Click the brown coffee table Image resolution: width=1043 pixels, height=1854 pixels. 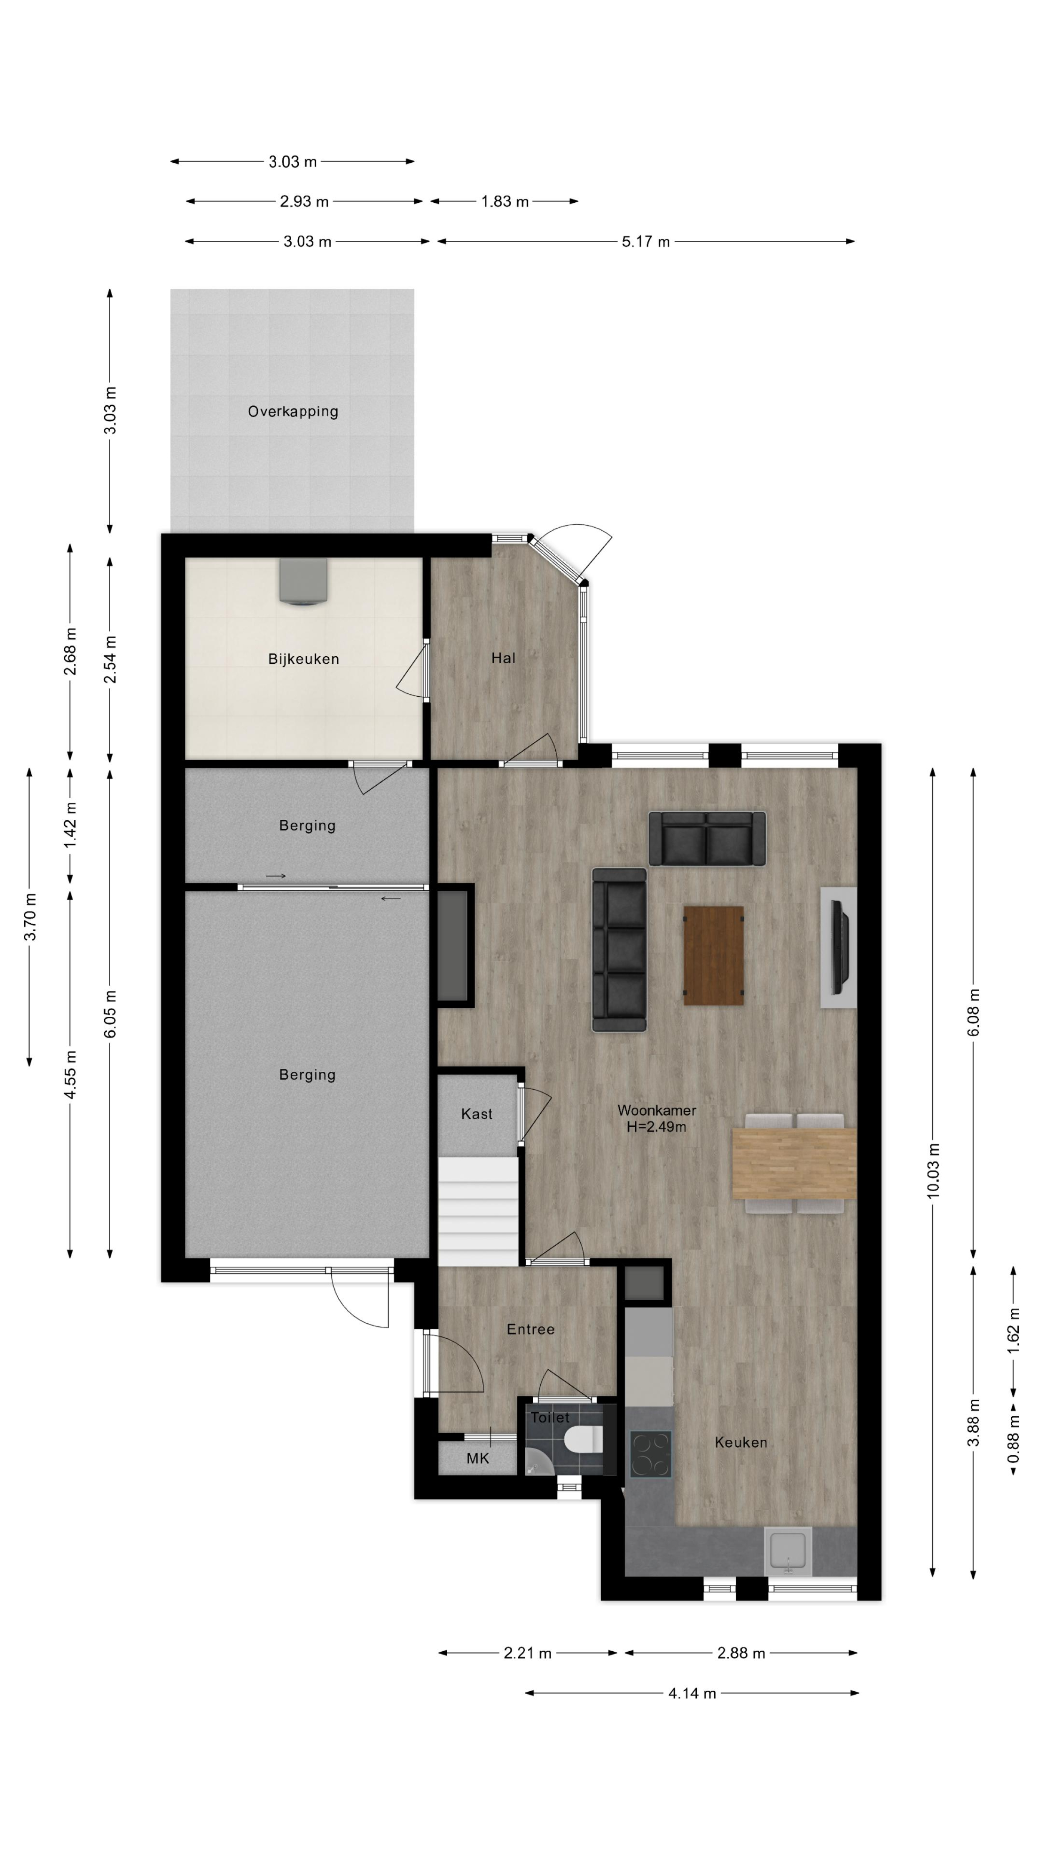pos(713,955)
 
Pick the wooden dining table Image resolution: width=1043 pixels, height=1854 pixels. pos(794,1164)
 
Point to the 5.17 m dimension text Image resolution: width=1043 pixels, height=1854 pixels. pos(646,242)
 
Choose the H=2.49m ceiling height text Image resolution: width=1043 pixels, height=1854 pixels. pos(656,1127)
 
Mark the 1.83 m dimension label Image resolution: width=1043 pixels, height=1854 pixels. pos(504,202)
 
